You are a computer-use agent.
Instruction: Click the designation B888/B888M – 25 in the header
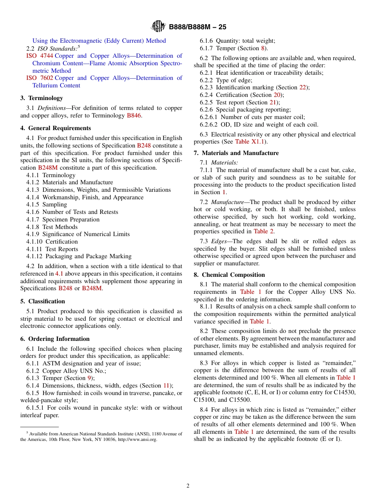coord(197,27)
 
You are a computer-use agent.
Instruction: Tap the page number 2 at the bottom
coord(188,486)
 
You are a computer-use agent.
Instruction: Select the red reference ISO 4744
coord(40,56)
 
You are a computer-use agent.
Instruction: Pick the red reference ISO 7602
coord(40,78)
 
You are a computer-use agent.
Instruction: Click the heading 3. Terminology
coord(42,98)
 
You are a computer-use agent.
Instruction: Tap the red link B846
coord(134,115)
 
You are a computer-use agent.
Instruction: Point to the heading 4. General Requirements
coord(55,128)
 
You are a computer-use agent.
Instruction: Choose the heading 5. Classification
coord(42,301)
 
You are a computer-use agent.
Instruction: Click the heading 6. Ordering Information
coord(55,339)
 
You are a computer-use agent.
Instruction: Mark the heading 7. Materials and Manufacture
coord(236,153)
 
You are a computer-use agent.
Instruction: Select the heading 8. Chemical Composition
coord(229,275)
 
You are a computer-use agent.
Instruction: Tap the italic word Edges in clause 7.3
coord(219,241)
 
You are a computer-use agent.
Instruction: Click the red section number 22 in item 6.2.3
coord(302,87)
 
